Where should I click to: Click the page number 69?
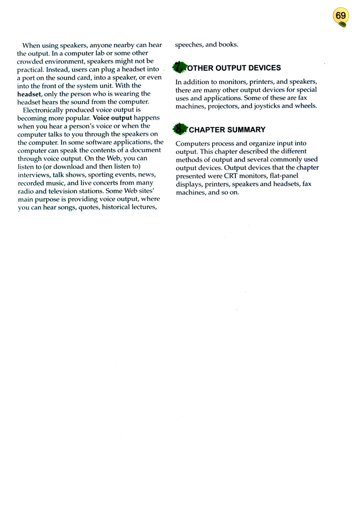341,16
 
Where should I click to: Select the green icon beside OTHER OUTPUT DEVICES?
180,68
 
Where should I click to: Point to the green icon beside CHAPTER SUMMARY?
180,130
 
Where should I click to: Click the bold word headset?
29,94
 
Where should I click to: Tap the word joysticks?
268,105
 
